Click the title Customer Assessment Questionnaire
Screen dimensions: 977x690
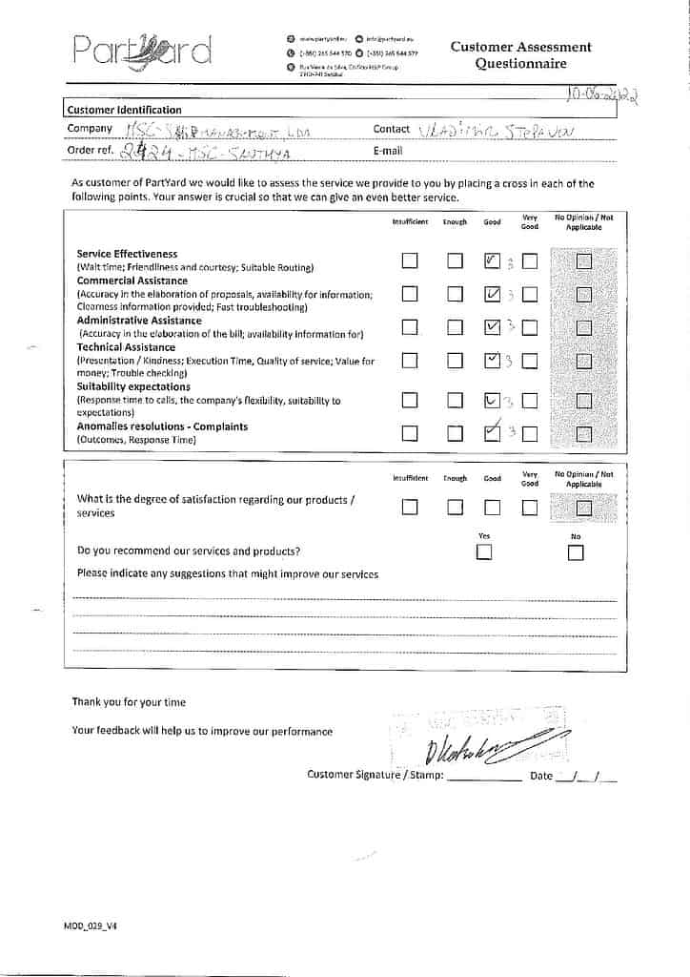pos(520,55)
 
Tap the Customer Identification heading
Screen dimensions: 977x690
pos(124,110)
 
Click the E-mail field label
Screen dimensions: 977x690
pos(388,151)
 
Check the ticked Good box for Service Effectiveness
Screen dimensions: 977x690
pos(493,260)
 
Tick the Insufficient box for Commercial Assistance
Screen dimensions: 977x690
pos(410,294)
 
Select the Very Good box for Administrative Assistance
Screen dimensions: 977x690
pos(530,328)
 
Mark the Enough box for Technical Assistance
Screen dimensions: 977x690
pos(455,361)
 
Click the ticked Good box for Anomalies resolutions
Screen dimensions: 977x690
pos(493,433)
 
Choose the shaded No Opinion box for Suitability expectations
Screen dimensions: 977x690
pos(583,401)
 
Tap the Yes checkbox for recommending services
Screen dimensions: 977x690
pos(485,552)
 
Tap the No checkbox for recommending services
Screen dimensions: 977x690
pos(576,553)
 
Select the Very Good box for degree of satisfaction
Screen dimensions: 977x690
pos(530,508)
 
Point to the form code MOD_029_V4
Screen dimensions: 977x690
pos(91,925)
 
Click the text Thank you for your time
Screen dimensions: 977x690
pos(129,702)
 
